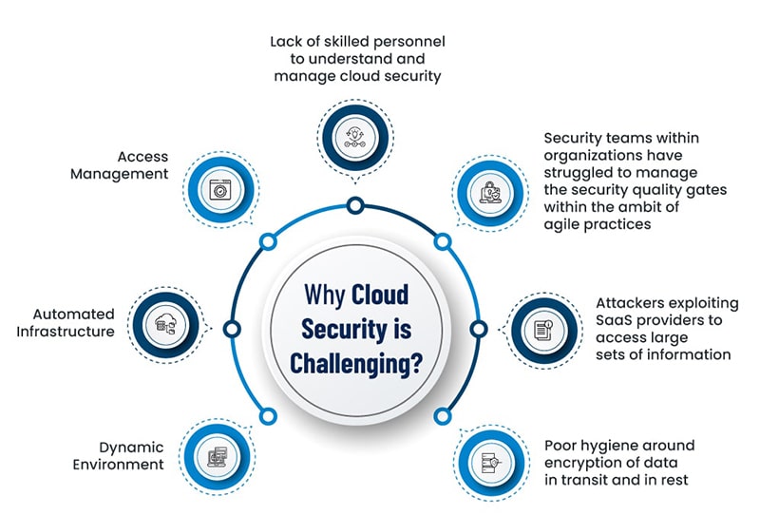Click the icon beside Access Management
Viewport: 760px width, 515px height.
(x=219, y=189)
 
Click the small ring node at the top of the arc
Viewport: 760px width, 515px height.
(x=355, y=204)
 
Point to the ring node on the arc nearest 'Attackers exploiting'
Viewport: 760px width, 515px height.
(x=478, y=329)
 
